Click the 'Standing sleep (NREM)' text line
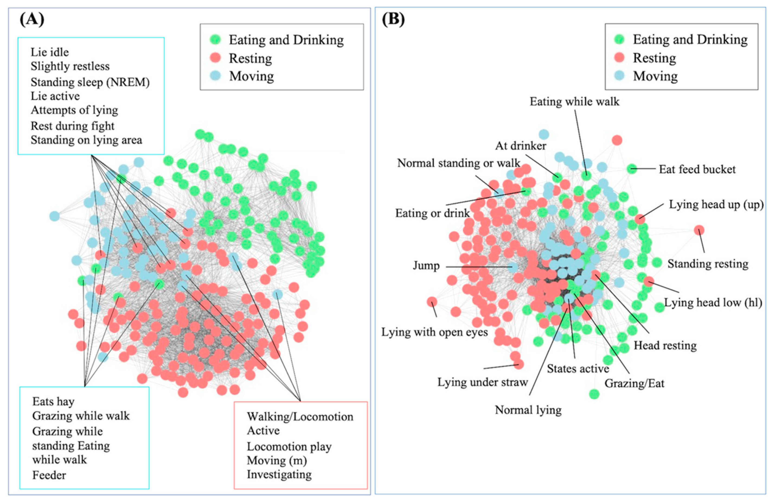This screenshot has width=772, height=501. click(90, 82)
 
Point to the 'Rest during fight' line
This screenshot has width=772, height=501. click(72, 126)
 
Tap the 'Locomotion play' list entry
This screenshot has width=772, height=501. click(289, 446)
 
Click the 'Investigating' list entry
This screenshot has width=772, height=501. click(279, 474)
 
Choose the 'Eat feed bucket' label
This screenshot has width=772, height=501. click(697, 169)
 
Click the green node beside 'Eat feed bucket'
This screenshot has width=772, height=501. click(631, 168)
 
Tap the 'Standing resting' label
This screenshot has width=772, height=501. click(708, 264)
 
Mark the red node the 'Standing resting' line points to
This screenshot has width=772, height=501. click(699, 230)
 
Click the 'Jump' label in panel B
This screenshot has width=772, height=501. click(426, 266)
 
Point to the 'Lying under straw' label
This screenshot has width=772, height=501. click(483, 382)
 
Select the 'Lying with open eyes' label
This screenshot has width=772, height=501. click(434, 332)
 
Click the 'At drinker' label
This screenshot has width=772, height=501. click(520, 146)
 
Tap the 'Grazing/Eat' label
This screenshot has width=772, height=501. click(634, 383)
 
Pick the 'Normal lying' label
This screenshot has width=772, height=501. click(528, 410)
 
